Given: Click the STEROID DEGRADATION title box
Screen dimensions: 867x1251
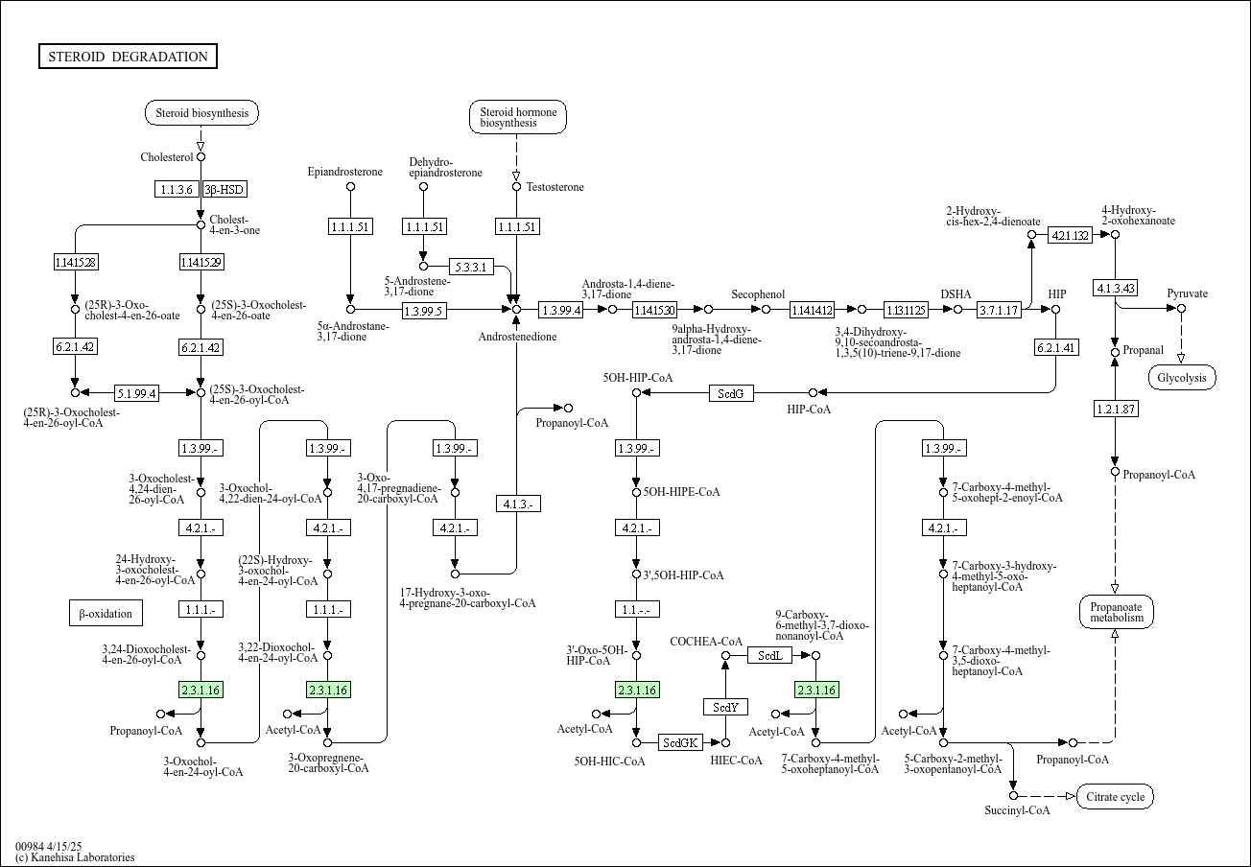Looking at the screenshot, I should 128,57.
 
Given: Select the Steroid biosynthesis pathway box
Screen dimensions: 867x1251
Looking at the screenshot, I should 201,113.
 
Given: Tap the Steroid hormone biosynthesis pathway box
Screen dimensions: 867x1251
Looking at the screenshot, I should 518,117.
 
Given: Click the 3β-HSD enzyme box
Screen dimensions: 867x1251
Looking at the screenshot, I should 224,189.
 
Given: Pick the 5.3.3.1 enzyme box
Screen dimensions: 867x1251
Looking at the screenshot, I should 470,267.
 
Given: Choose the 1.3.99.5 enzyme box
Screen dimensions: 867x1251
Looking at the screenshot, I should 423,310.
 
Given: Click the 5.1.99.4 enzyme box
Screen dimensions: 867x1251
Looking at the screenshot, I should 137,392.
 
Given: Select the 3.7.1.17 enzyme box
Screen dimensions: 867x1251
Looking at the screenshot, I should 998,310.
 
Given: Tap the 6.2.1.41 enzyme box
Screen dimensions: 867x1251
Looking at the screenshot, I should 1055,347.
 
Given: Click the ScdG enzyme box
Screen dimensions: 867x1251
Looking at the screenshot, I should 732,392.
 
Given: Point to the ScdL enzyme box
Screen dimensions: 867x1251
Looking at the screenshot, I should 770,655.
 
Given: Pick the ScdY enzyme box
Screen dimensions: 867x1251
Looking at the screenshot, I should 725,707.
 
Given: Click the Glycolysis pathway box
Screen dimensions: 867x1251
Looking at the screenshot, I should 1182,378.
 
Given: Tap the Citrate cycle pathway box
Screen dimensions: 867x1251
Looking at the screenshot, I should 1115,796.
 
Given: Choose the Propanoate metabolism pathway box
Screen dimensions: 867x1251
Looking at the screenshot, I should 1116,611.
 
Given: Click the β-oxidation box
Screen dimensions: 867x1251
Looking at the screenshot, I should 106,613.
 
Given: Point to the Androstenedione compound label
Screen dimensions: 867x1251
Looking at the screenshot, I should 517,337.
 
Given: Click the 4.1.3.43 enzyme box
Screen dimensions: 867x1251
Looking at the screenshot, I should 1115,288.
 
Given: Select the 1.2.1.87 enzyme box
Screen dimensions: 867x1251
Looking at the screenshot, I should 1115,410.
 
